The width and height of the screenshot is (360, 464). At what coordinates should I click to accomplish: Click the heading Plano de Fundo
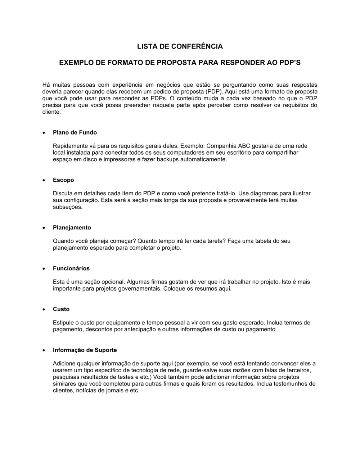tap(75, 132)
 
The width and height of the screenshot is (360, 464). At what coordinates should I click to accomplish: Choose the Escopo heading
tap(63, 180)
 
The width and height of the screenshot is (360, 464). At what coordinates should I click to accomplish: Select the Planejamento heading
tap(72, 227)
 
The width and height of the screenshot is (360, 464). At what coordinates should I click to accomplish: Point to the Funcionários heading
tap(71, 268)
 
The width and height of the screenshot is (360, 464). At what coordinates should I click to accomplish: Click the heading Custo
tap(61, 309)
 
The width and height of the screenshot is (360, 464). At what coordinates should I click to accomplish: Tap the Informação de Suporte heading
tap(85, 350)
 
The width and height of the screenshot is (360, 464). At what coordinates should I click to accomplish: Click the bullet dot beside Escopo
tap(44, 180)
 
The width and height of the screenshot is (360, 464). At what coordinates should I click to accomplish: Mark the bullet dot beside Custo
tap(44, 309)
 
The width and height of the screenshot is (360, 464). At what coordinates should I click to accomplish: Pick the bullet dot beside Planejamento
tap(44, 228)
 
